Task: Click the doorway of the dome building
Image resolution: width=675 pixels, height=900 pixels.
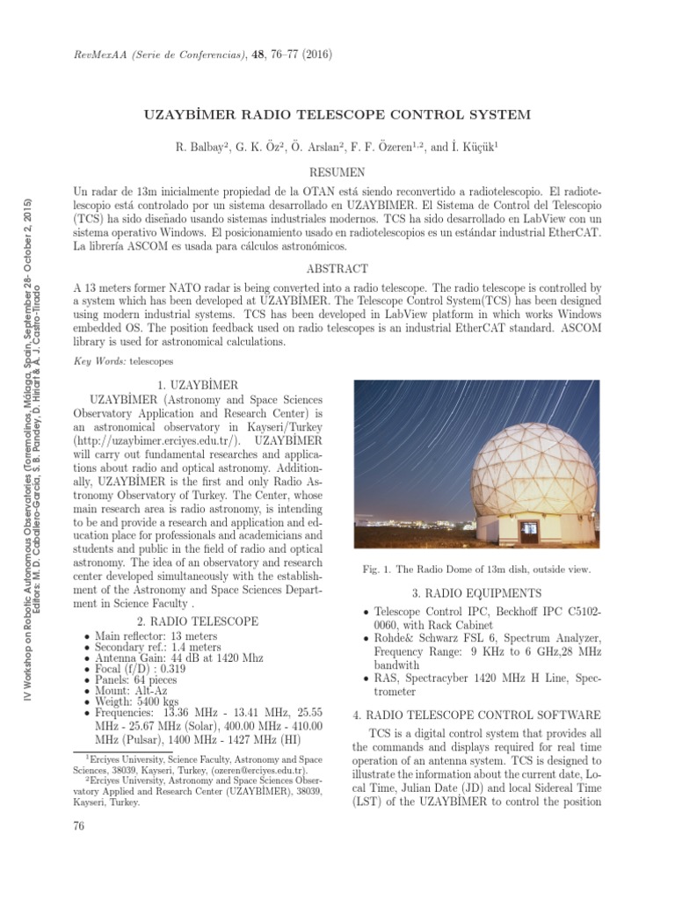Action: click(529, 530)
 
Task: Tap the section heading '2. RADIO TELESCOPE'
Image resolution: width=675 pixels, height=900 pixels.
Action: click(198, 621)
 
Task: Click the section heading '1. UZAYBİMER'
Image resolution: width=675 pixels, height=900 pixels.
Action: click(198, 384)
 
